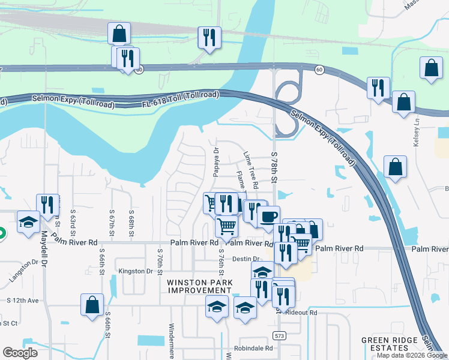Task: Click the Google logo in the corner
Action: coord(20,353)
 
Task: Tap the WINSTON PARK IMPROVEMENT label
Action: coord(191,286)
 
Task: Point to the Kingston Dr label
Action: coord(136,271)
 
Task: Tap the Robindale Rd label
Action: coord(254,348)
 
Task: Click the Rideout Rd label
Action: coord(301,313)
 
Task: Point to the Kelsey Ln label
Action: coord(415,136)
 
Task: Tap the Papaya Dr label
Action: coord(214,158)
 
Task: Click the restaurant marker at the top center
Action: coord(209,37)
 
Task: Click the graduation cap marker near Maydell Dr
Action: coord(28,223)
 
